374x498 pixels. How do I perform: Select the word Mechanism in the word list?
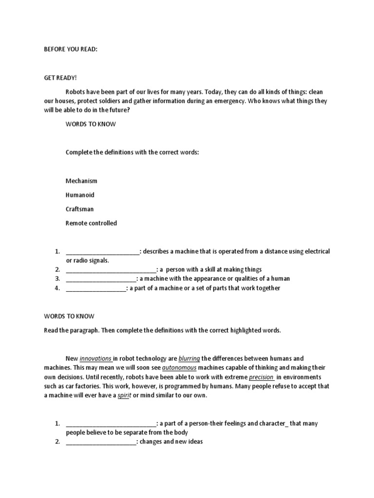tap(81, 181)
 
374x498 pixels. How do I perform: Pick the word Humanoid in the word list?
tap(80, 195)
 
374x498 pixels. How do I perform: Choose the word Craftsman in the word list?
tap(79, 209)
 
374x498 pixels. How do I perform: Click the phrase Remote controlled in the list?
tap(91, 223)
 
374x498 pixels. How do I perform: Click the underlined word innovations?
tap(96, 358)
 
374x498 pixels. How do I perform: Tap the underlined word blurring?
tap(189, 358)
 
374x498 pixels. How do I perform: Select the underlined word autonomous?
tap(179, 368)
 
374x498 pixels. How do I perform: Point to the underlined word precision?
tap(262, 377)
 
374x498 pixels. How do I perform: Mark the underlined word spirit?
tap(125, 395)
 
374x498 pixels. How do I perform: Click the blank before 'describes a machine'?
tap(102, 252)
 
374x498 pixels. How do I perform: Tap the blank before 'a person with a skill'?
tap(111, 270)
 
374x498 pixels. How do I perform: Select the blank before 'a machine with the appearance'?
tap(101, 279)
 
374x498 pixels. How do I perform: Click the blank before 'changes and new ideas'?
tap(101, 442)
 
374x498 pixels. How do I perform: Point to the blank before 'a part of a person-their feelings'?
tap(111, 424)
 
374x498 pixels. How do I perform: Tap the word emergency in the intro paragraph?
tap(227, 101)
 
